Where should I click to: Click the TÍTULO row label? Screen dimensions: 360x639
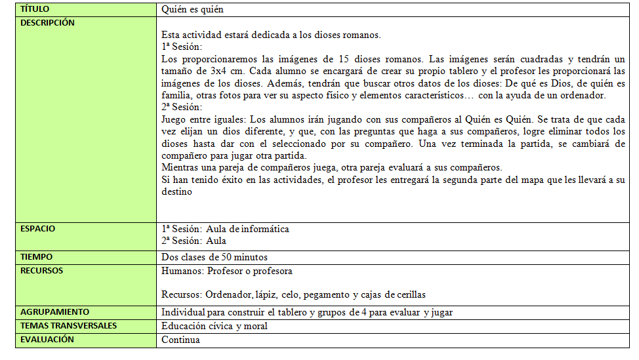[x=35, y=10]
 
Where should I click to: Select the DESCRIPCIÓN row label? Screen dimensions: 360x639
[x=47, y=22]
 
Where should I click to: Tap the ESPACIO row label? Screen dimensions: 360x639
[x=37, y=229]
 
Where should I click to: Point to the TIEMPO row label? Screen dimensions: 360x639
[x=36, y=257]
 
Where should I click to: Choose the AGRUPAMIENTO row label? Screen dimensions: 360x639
[x=54, y=312]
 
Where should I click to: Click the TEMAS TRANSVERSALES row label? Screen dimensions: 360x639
[x=68, y=326]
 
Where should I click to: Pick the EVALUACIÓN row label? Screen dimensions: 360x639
[x=47, y=340]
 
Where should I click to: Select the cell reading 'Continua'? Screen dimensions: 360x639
[x=180, y=340]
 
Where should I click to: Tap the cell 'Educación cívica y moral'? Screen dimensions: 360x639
[x=214, y=326]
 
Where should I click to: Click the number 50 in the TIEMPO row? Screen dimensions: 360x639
[x=227, y=257]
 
